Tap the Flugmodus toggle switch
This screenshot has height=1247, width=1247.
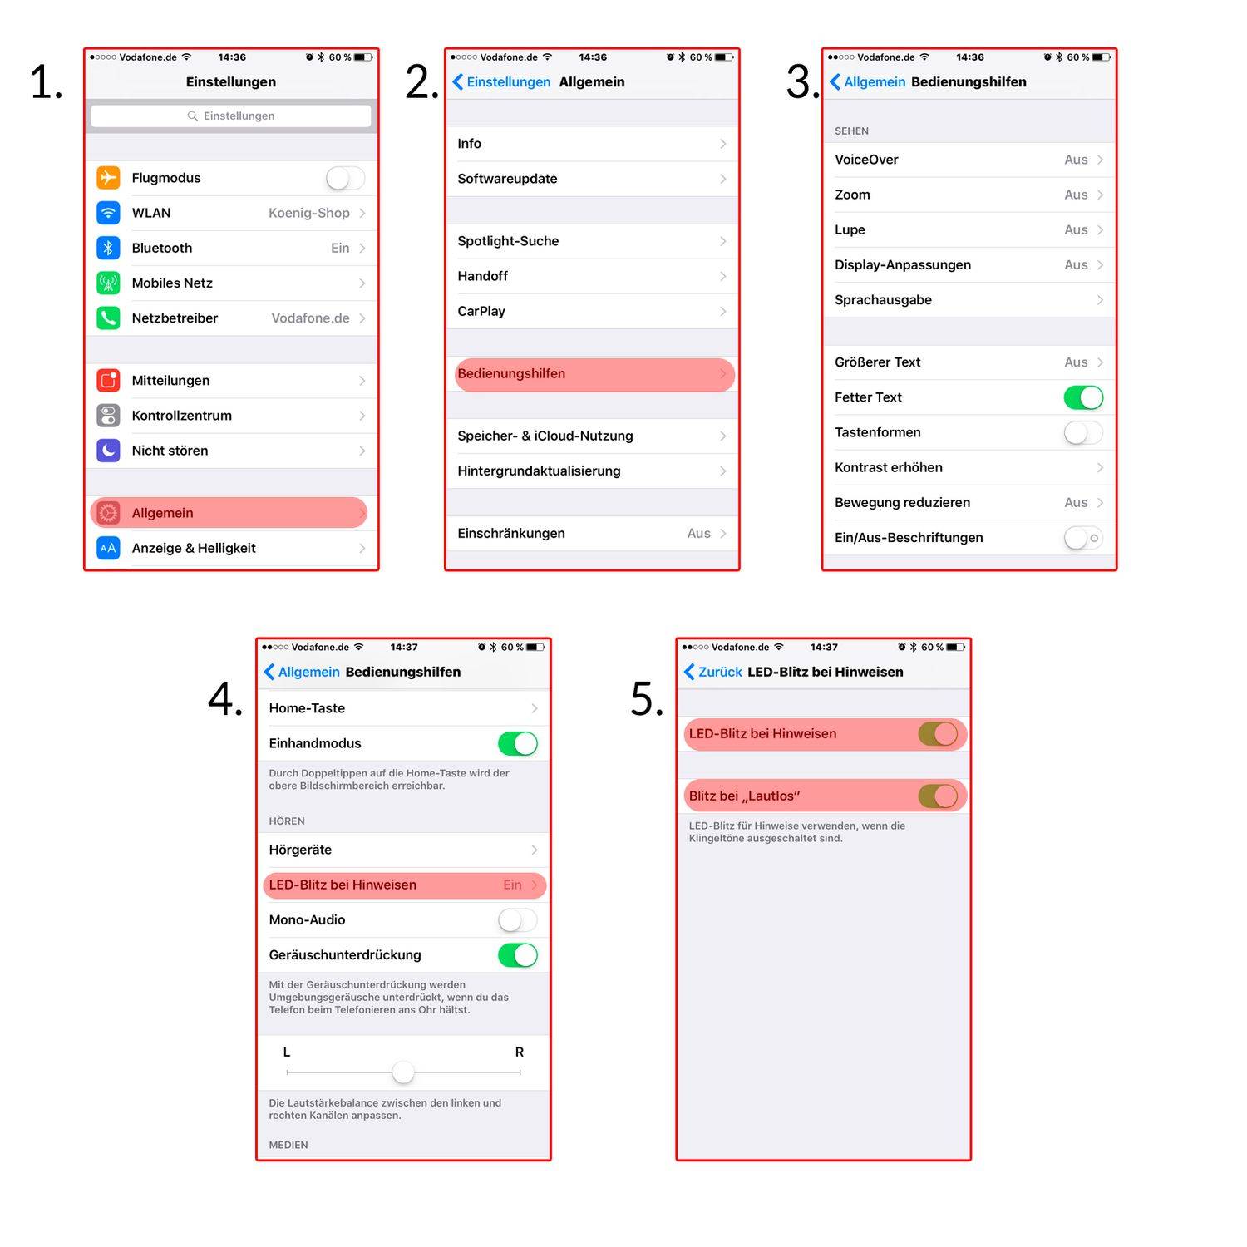point(345,178)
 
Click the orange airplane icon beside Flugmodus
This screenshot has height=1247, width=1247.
point(108,178)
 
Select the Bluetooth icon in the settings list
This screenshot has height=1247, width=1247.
point(108,248)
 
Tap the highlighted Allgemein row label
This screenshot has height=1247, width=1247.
point(162,513)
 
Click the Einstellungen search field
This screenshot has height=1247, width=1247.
point(231,116)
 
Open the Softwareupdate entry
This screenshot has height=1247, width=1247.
point(507,179)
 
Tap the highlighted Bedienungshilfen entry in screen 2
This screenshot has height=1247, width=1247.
point(511,374)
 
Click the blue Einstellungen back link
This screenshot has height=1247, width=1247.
point(501,81)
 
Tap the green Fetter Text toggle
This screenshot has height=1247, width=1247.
point(1083,397)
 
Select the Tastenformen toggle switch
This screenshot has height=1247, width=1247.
point(1083,432)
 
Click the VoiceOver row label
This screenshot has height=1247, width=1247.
point(866,160)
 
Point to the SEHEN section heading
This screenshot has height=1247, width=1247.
point(851,131)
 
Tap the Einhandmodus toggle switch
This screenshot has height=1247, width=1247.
point(518,743)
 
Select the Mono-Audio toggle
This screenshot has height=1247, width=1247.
point(518,920)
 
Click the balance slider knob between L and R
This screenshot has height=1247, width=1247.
point(403,1072)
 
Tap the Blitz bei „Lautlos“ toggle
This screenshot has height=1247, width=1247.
point(938,796)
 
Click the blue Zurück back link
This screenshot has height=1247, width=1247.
point(712,672)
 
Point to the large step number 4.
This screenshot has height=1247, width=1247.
point(224,698)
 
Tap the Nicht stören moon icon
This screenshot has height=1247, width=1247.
point(108,451)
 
